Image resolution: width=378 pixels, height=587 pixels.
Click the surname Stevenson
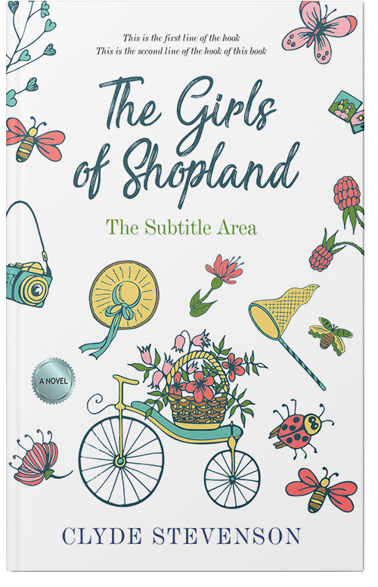click(x=234, y=536)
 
